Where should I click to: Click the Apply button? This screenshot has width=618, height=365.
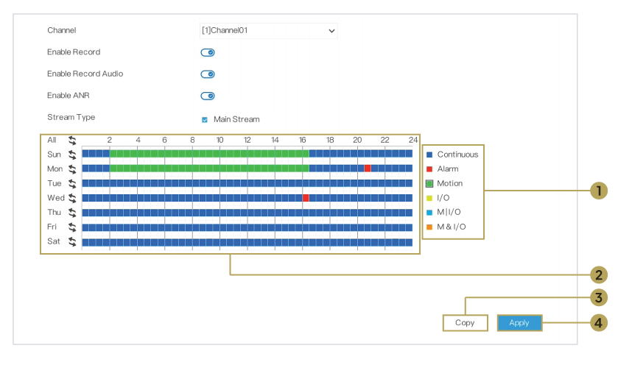(519, 323)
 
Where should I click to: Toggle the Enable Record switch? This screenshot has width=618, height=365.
(208, 52)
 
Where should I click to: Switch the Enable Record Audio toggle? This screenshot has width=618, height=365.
(208, 74)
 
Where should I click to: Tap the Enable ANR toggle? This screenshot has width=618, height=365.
(208, 96)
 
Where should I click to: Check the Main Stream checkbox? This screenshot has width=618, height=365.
(205, 120)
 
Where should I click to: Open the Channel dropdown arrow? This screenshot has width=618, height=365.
(332, 31)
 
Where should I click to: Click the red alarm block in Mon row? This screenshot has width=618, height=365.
(368, 169)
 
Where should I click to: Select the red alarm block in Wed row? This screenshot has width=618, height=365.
(306, 198)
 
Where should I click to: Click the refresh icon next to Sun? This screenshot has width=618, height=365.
(72, 155)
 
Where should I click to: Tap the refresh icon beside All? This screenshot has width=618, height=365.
(72, 140)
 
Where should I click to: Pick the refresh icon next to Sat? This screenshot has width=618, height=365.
(72, 242)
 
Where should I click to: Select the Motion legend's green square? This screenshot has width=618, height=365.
(429, 183)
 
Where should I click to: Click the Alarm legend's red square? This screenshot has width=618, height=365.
(429, 169)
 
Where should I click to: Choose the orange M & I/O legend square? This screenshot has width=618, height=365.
(429, 227)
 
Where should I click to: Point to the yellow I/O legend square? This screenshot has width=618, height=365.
(429, 198)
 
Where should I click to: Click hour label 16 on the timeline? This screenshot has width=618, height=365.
(302, 140)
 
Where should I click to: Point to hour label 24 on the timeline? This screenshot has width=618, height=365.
(413, 140)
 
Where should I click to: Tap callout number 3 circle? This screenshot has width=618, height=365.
(599, 298)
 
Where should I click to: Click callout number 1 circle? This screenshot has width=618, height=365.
(599, 191)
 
